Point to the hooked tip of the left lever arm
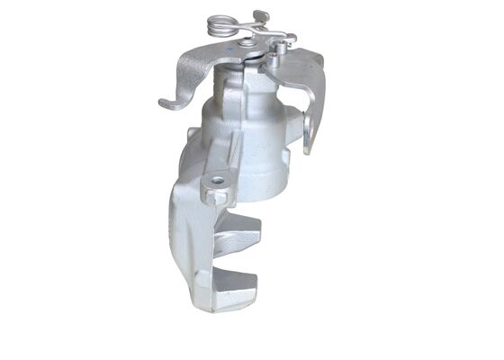(x=166, y=103)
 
